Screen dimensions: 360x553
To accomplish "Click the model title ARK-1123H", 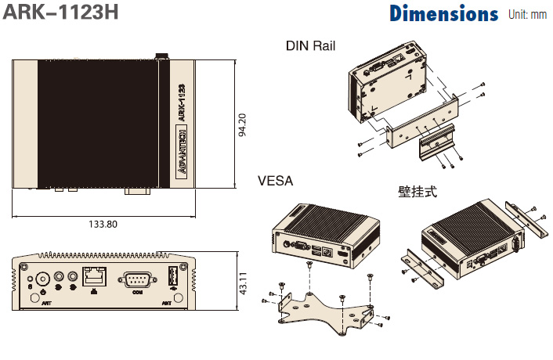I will [x=60, y=13].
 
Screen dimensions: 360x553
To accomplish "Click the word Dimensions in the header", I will [x=443, y=14].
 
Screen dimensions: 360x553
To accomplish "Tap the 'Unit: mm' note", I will [x=527, y=14].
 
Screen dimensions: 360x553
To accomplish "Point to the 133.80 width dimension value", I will [x=103, y=224].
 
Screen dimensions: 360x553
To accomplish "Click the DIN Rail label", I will [x=310, y=46].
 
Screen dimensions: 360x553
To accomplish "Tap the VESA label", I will [x=275, y=181].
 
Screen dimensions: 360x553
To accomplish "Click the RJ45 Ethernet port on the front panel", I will [x=94, y=277].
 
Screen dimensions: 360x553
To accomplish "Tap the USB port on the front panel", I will [x=174, y=278].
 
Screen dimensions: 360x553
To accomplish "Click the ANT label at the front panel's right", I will [x=167, y=300].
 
